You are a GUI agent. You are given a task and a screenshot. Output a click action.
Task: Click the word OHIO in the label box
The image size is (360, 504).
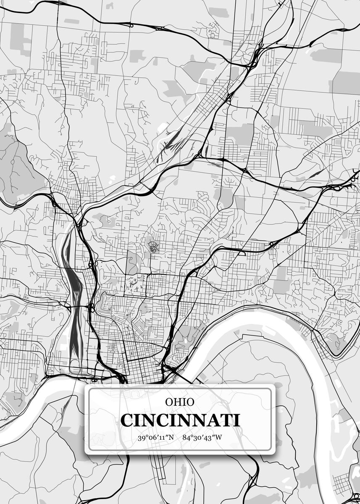point(179,402)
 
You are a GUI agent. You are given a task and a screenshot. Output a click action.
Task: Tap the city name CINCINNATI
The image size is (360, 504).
point(180,420)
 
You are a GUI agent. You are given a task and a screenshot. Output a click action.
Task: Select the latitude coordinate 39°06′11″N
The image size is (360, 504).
point(155,438)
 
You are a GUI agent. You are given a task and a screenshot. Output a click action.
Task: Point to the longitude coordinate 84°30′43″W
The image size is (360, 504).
point(202,438)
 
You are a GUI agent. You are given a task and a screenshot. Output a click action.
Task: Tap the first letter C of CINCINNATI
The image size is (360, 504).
point(127,420)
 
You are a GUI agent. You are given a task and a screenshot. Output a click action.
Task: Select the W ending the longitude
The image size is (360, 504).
point(218,438)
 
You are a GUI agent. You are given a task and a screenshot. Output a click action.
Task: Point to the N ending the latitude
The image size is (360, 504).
point(171,438)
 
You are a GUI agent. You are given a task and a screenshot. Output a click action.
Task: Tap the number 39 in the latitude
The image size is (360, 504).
point(141,438)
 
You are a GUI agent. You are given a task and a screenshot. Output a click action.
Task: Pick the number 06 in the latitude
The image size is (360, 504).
point(151,438)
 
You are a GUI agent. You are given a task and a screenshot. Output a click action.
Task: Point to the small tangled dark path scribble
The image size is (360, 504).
point(153,247)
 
